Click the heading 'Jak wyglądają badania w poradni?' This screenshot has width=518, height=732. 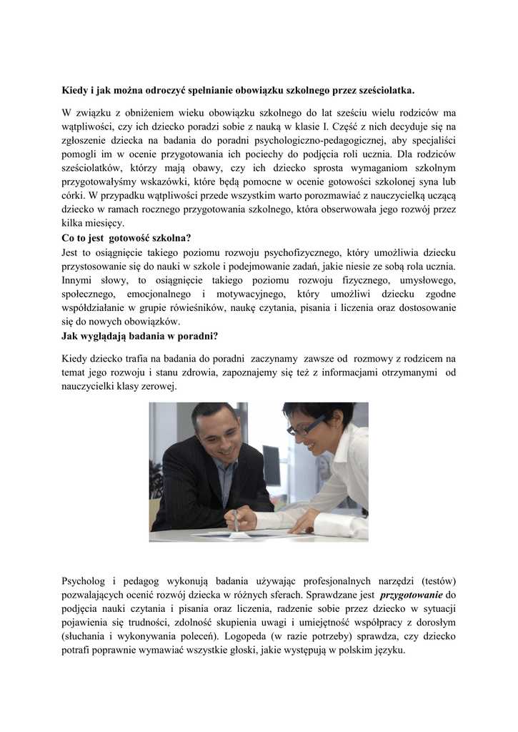pos(140,335)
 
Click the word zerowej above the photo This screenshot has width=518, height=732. pos(156,386)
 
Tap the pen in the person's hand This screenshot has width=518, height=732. pos(236,520)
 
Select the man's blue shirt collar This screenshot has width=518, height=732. pos(227,472)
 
